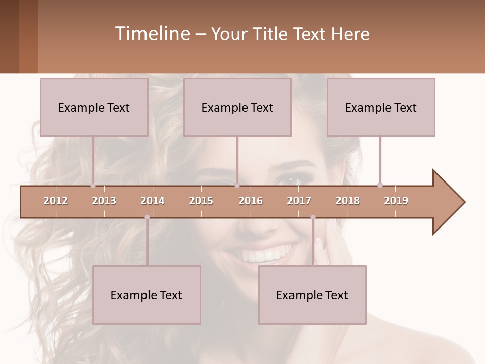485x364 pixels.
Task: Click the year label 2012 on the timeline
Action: click(56, 201)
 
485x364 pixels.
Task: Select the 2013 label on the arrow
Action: click(104, 201)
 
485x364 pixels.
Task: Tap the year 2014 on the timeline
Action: click(153, 201)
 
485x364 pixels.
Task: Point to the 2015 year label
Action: click(201, 201)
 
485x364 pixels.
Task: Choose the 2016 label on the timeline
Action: click(251, 201)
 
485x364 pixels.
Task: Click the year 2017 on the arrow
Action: click(299, 201)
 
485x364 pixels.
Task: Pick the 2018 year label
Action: click(348, 201)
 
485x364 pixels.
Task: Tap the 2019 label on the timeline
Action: click(396, 201)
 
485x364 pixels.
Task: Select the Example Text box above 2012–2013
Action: click(94, 107)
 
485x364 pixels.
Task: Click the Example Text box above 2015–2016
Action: click(237, 107)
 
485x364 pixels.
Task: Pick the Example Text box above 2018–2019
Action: click(381, 107)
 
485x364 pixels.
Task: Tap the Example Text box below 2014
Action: click(147, 295)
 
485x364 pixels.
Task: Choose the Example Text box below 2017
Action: click(312, 295)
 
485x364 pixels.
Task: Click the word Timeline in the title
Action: click(151, 34)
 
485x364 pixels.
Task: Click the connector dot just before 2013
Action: click(93, 185)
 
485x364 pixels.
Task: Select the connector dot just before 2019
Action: click(380, 185)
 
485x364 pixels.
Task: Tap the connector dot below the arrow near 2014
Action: click(147, 217)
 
